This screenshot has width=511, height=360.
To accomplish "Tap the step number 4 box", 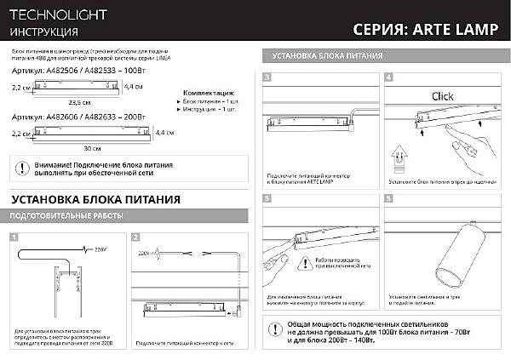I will click(x=388, y=77).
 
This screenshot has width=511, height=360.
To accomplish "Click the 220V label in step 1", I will click(x=102, y=249).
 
